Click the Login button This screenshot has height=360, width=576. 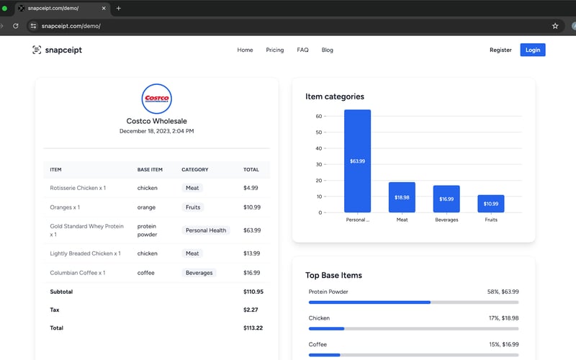click(x=533, y=50)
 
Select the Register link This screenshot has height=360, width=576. click(x=500, y=50)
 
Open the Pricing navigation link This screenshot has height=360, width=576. click(x=274, y=50)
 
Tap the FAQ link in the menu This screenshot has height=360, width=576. click(x=302, y=50)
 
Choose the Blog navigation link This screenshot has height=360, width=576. click(x=327, y=50)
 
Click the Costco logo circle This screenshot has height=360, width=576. click(x=157, y=99)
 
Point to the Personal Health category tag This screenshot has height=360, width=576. click(x=206, y=230)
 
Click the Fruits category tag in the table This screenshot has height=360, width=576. click(x=192, y=207)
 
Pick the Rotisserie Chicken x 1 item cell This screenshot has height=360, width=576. click(x=78, y=188)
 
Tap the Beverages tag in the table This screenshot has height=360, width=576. click(x=199, y=273)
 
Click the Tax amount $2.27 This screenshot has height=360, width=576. click(x=251, y=310)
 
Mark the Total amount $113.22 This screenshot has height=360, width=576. click(x=253, y=328)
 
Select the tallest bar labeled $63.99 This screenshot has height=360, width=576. click(x=357, y=161)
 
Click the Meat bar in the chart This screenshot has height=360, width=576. click(x=402, y=197)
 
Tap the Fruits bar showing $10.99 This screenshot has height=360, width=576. click(x=491, y=204)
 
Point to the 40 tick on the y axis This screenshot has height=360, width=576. click(x=318, y=148)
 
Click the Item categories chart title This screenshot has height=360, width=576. click(x=335, y=96)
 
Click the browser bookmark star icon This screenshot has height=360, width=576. click(x=555, y=25)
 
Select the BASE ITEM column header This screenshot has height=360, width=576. click(x=150, y=170)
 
